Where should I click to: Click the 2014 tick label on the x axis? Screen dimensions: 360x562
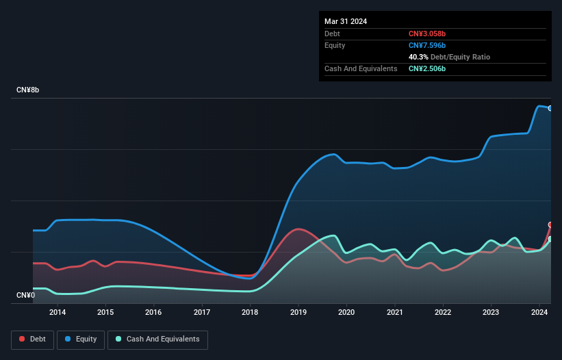(58, 313)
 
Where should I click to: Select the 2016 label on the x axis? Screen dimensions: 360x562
(153, 313)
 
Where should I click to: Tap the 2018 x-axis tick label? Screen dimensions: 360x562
(250, 313)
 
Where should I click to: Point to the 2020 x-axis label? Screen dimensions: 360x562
(346, 313)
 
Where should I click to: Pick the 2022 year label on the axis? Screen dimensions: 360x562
(443, 313)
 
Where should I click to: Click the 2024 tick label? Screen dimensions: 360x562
(539, 313)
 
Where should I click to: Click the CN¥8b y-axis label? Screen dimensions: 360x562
(28, 90)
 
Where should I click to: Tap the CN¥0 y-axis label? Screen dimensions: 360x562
(25, 295)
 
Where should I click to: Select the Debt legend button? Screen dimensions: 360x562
(32, 339)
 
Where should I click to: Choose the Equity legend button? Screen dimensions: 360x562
(81, 339)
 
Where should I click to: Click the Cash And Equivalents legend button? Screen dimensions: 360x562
(157, 339)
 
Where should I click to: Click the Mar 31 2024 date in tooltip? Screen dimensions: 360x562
(346, 21)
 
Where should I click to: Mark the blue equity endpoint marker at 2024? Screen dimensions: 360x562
(550, 108)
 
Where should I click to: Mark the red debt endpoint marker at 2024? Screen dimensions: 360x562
(550, 224)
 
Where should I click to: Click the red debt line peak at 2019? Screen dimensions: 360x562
(297, 229)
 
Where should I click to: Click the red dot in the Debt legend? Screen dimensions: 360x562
(23, 339)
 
